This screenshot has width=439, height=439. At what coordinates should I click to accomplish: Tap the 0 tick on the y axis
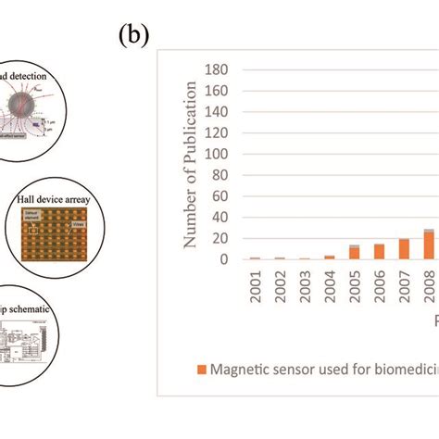[x=222, y=259]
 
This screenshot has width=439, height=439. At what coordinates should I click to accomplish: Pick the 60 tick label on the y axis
[x=219, y=196]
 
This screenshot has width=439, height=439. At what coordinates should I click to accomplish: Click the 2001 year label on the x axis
[x=255, y=289]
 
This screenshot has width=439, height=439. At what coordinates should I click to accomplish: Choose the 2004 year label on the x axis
[x=330, y=289]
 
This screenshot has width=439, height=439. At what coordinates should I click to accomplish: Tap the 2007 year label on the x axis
[x=405, y=289]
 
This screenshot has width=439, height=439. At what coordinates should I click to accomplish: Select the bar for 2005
[x=355, y=252]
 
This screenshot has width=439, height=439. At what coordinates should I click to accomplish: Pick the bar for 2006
[x=379, y=251]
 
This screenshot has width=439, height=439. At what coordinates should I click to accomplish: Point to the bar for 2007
[x=404, y=248]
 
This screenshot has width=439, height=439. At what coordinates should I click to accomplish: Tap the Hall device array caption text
[x=56, y=197]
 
